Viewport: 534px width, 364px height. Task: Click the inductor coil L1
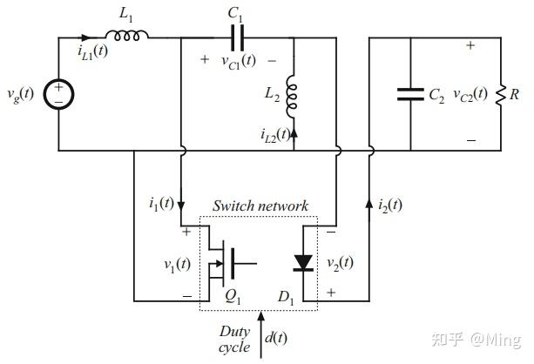[x=126, y=36]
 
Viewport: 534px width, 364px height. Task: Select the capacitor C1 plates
[x=237, y=37]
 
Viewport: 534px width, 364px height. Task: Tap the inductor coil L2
[x=291, y=97]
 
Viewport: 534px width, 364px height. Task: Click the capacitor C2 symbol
[x=410, y=94]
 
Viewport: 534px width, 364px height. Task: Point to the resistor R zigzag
[x=501, y=95]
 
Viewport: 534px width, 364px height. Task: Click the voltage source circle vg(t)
[x=58, y=94]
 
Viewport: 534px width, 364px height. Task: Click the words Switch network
[x=260, y=206]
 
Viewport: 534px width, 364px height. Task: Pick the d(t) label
[x=275, y=338]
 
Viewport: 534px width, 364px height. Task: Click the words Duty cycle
[x=234, y=339]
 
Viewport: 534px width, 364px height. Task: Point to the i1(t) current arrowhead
[x=181, y=206]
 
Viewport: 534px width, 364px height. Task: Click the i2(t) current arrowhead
[x=369, y=203]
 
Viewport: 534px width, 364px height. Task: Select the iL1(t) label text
[x=92, y=51]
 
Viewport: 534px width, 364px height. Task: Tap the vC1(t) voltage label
[x=239, y=61]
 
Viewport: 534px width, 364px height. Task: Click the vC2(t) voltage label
[x=470, y=94]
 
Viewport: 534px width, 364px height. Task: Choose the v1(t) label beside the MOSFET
[x=177, y=265]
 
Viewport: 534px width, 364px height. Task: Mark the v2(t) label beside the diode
[x=340, y=263]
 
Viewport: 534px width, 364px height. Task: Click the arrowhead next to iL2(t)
[x=294, y=132]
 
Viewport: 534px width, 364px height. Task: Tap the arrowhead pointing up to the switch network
[x=260, y=316]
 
